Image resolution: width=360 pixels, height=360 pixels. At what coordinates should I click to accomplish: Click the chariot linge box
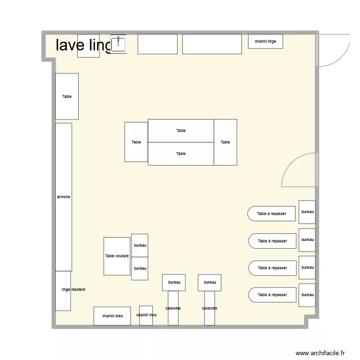[x=265, y=42]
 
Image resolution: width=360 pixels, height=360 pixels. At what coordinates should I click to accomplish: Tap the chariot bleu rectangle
[x=112, y=316]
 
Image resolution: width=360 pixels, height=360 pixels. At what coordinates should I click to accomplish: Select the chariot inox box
[x=146, y=315]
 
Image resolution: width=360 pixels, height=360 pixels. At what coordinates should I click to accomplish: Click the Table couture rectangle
[x=117, y=256]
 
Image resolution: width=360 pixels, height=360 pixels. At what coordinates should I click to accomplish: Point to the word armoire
[x=64, y=197]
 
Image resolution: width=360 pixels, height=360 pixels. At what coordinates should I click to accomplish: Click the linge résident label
[x=73, y=290]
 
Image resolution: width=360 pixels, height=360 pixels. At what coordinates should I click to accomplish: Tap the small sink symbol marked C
[x=118, y=44]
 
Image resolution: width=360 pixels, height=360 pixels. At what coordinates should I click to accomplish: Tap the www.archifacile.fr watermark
[x=320, y=353]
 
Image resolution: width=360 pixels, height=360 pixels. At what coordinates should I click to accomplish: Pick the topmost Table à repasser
[x=272, y=214]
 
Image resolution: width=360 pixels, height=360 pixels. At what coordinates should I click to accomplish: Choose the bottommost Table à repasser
[x=272, y=295]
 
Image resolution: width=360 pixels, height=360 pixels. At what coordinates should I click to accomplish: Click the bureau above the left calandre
[x=174, y=282]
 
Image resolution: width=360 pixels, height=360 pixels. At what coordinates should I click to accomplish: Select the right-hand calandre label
[x=209, y=308]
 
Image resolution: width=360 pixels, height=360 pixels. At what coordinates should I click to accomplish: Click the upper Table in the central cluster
[x=180, y=131]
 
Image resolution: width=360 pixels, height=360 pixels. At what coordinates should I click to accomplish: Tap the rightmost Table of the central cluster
[x=225, y=142]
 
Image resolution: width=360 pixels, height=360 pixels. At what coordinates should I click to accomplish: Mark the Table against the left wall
[x=67, y=96]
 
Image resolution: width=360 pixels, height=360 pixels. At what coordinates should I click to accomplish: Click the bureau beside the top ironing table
[x=307, y=212]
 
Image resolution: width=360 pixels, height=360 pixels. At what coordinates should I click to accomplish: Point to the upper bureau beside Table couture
[x=140, y=245]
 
